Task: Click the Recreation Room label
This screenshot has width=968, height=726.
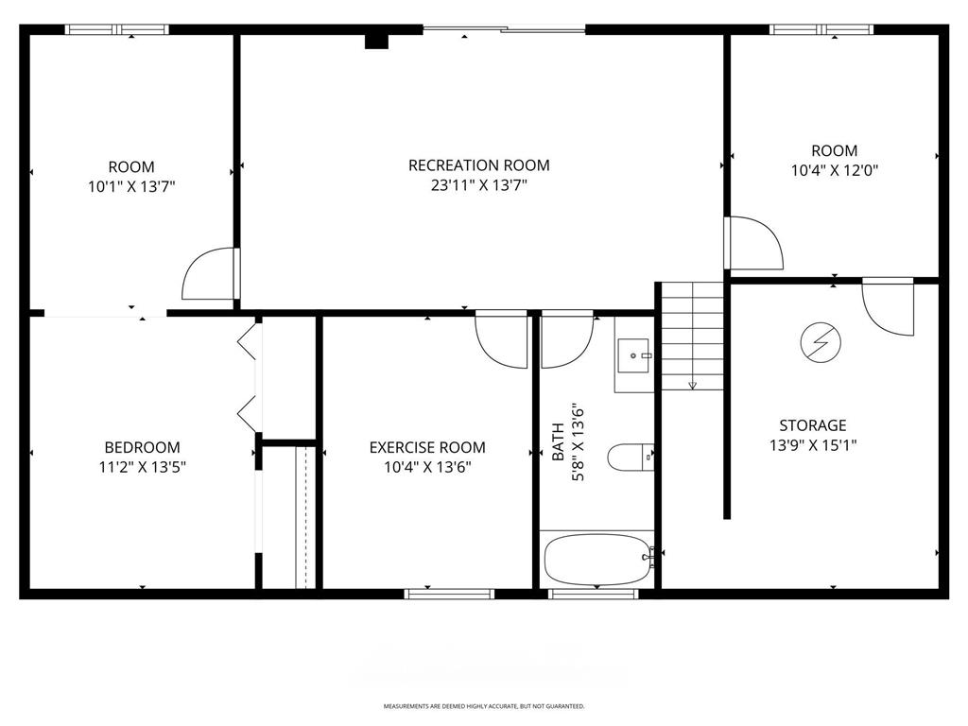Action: tap(478, 165)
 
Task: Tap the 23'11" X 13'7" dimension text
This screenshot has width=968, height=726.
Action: tap(478, 186)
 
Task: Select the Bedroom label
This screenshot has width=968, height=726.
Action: tap(142, 447)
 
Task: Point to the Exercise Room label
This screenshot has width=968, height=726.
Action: tap(427, 447)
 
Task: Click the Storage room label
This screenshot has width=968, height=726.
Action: tap(812, 425)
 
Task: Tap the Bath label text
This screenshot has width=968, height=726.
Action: tap(558, 443)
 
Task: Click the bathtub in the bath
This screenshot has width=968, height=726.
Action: tap(598, 561)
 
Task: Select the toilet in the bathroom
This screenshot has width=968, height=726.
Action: tap(631, 458)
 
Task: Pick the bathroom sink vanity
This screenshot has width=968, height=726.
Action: tap(634, 355)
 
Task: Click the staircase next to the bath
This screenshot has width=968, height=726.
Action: tap(692, 336)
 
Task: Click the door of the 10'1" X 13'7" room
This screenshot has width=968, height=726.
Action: tap(210, 274)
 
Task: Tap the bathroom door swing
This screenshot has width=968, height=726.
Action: tap(566, 338)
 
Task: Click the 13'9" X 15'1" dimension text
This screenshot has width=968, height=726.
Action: tap(812, 445)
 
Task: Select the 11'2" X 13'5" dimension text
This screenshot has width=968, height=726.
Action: tap(142, 467)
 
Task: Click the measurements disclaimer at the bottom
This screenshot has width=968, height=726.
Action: tap(484, 706)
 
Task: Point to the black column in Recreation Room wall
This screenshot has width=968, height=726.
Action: tap(377, 41)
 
